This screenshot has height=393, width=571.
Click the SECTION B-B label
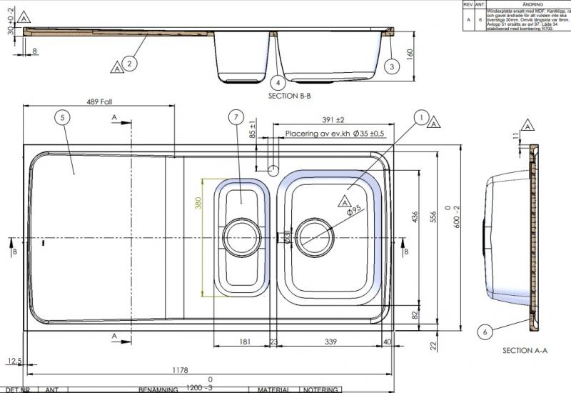coord(289,95)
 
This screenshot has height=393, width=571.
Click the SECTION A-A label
coord(525,350)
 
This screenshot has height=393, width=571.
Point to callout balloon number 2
coord(129,64)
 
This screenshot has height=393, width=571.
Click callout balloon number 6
coord(485,331)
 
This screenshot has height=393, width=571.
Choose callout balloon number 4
coord(278,82)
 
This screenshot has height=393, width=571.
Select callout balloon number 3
coord(390,66)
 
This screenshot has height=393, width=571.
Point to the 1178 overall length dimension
coord(179,369)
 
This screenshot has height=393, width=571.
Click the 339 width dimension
coord(330,342)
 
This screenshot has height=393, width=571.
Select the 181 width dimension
coord(244,342)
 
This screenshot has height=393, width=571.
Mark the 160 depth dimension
coord(410,54)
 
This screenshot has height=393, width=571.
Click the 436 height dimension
coord(415,218)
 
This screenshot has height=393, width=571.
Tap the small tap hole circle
coord(273,170)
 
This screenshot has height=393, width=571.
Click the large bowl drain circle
coord(314,235)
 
